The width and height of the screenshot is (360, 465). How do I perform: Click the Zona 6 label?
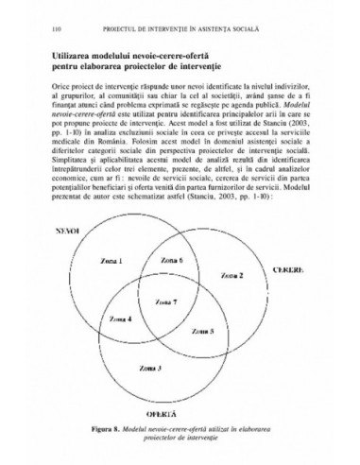pos(172,258)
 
